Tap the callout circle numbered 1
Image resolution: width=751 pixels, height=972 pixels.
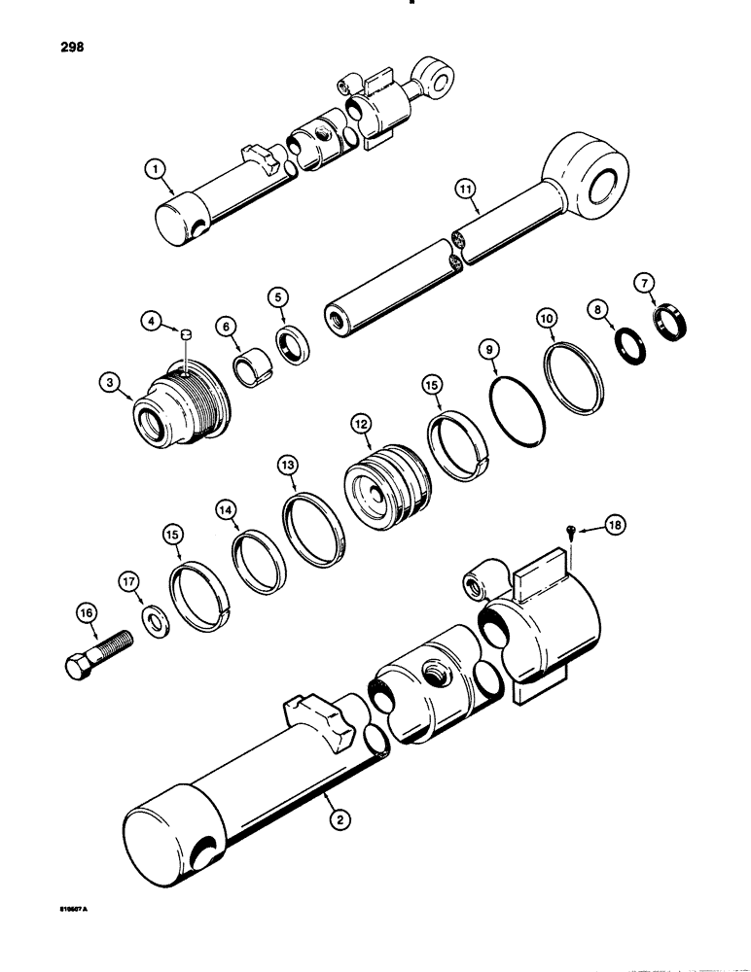click(x=152, y=169)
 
